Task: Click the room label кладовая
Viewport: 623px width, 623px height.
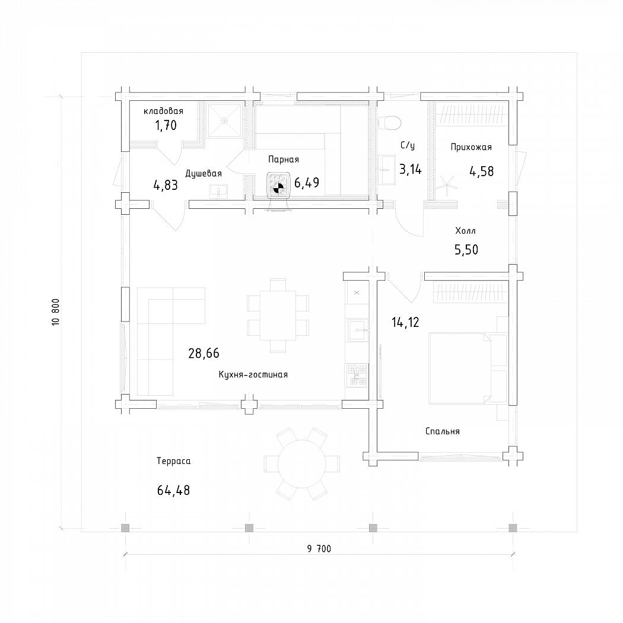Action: point(163,112)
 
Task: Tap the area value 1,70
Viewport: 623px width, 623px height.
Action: point(166,126)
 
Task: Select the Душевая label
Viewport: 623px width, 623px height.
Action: point(204,174)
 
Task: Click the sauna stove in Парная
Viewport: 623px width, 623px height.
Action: point(279,186)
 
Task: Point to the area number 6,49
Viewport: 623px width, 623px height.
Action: point(307,183)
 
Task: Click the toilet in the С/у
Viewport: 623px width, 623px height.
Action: point(390,122)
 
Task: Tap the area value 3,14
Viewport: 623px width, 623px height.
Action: point(411,170)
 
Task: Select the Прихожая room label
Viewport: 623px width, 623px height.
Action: point(471,147)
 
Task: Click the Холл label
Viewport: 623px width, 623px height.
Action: point(465,231)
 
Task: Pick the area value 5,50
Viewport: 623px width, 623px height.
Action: point(466,250)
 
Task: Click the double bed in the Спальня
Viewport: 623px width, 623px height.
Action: point(468,368)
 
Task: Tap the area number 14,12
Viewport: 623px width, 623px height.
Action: point(405,322)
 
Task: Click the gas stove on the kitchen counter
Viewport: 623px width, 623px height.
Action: point(357,375)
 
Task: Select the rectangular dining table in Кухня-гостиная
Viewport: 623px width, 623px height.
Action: point(278,316)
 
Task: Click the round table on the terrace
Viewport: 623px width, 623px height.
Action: point(302,463)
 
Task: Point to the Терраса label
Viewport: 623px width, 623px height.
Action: point(174,461)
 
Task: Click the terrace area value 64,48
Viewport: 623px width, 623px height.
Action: point(174,490)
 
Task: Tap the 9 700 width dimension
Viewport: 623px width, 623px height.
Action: point(319,549)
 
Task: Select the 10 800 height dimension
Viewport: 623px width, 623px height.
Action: point(56,312)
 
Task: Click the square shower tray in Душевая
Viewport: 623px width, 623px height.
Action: point(224,120)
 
